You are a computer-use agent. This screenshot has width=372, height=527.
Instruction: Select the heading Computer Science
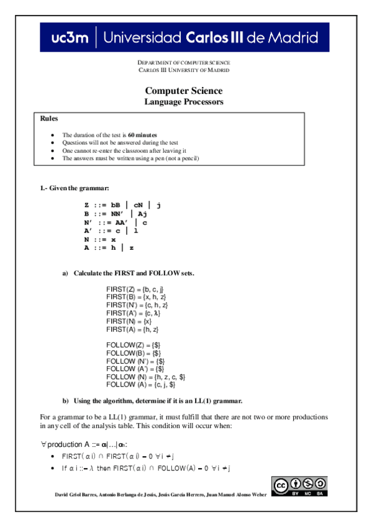183,91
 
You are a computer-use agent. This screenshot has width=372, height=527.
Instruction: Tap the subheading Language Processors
183,102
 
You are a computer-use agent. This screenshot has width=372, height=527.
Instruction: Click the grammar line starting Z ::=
122,204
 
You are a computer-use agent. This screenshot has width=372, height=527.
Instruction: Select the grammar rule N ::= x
100,239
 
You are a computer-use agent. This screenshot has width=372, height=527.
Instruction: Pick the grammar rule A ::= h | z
109,248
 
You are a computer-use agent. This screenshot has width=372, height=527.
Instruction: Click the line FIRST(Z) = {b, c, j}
135,289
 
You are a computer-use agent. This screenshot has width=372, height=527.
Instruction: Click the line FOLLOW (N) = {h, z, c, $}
145,377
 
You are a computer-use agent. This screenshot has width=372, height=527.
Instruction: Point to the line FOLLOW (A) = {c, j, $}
142,385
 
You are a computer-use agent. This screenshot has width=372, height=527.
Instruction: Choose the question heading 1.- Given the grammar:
75,188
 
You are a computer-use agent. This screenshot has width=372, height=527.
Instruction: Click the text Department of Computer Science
183,63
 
